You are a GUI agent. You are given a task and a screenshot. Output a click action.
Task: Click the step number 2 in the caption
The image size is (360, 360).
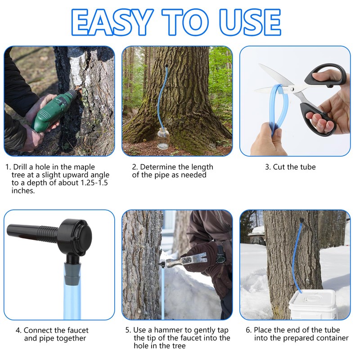pyautogui.click(x=134, y=167)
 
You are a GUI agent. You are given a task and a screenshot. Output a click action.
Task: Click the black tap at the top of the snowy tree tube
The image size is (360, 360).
pyautogui.click(x=300, y=220)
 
